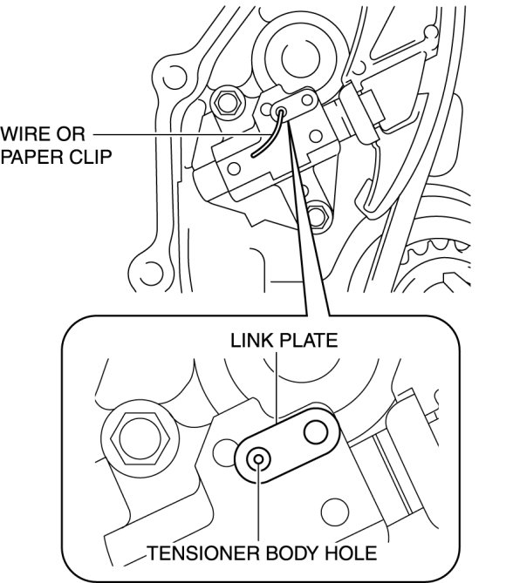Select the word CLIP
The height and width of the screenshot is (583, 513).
(90, 157)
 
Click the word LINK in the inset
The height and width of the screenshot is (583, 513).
(252, 341)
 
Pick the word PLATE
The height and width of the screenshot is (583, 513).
(308, 341)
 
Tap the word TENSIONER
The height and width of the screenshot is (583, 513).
(203, 553)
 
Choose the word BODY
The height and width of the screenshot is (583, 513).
(292, 553)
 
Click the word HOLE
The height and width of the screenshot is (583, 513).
(351, 553)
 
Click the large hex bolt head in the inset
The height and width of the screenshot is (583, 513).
(140, 438)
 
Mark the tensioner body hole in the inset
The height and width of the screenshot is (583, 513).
(258, 458)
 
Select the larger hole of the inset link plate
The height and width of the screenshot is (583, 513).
(316, 432)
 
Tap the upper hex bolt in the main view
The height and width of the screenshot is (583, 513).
(228, 102)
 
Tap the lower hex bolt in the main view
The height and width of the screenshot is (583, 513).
(318, 215)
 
